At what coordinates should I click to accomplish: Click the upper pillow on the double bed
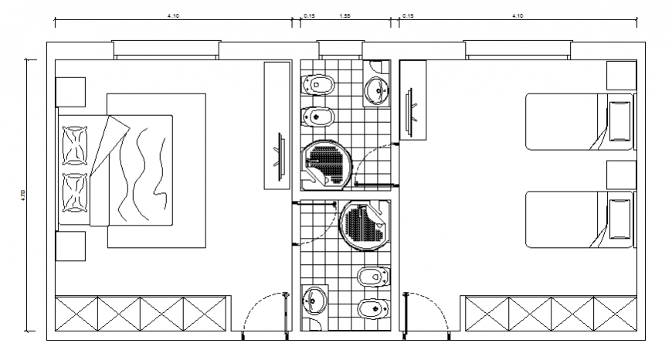tap(76, 145)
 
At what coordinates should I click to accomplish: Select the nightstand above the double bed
tap(70, 91)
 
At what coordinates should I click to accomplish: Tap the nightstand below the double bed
tap(70, 248)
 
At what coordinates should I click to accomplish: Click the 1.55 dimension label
tap(344, 15)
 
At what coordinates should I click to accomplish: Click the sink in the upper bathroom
tap(378, 88)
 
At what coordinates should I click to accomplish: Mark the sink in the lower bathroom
tap(314, 299)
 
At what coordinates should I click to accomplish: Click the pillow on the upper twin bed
tap(620, 121)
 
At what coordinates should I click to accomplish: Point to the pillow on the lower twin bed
tap(620, 218)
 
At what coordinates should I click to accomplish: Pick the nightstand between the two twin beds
tap(620, 173)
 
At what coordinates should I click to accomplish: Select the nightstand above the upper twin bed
tap(620, 75)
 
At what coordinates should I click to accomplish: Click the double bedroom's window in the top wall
tap(167, 49)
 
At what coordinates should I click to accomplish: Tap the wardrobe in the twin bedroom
tap(548, 316)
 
